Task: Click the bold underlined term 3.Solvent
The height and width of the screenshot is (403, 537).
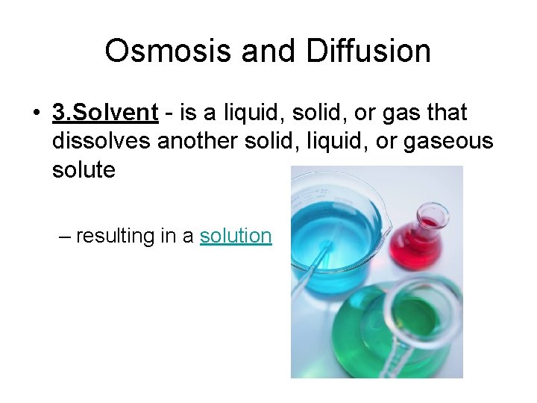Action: pyautogui.click(x=105, y=113)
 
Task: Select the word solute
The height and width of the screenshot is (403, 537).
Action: pyautogui.click(x=84, y=169)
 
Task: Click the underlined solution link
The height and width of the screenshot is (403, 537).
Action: pyautogui.click(x=236, y=236)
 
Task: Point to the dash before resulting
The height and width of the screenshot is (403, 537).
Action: pyautogui.click(x=66, y=236)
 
